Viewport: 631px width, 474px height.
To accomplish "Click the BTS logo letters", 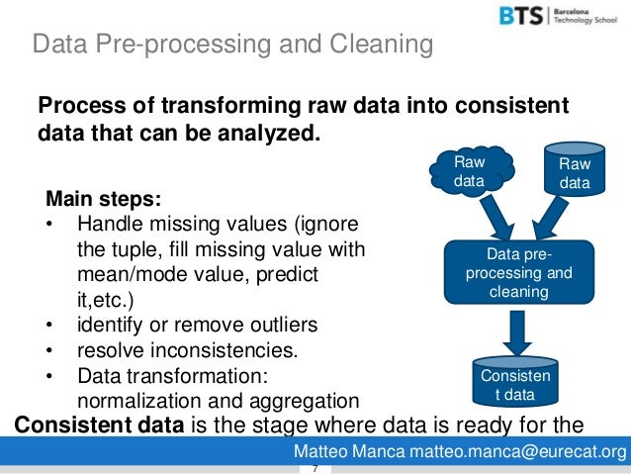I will click(519, 18).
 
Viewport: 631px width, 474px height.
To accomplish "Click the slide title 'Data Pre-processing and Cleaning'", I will click(232, 45).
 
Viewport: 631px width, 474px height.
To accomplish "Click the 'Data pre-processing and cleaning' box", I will click(511, 273).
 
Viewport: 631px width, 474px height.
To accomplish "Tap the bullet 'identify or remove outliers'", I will click(197, 325).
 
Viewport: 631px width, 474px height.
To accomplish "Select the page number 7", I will click(314, 468).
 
